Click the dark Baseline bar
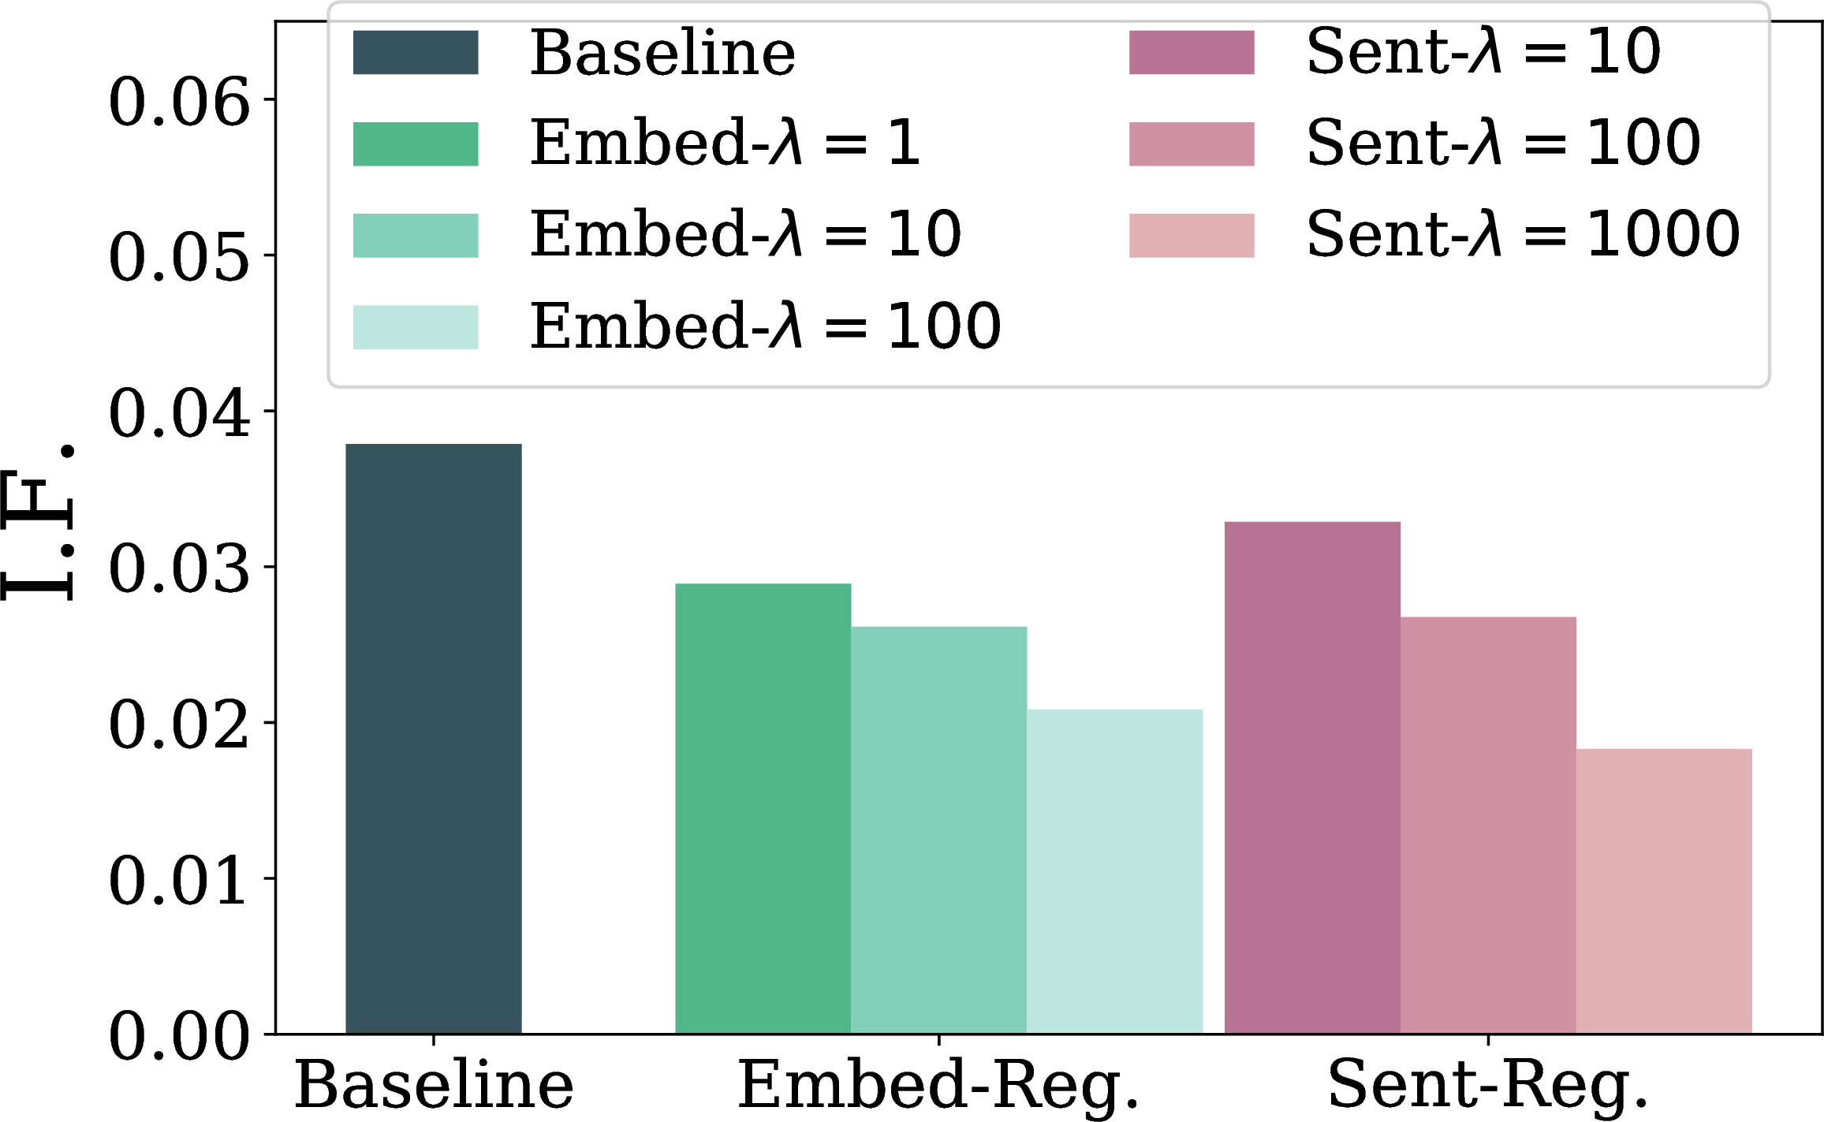tap(434, 739)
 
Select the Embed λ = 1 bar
tap(763, 808)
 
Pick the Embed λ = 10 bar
tap(939, 830)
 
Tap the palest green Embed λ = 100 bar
tap(1115, 871)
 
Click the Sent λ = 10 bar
tap(1312, 777)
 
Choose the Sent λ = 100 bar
tap(1489, 825)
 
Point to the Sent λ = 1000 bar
tap(1665, 891)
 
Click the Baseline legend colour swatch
tap(416, 53)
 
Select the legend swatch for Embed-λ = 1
tap(416, 144)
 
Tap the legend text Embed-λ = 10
tap(746, 235)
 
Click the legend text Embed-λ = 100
tap(766, 326)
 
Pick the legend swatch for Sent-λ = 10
tap(1192, 53)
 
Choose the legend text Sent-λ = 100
tap(1504, 143)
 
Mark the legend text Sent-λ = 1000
tap(1524, 234)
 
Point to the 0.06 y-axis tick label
tap(180, 102)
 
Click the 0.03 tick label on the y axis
tap(180, 569)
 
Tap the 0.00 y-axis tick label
tap(180, 1036)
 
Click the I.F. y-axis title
tap(38, 523)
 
